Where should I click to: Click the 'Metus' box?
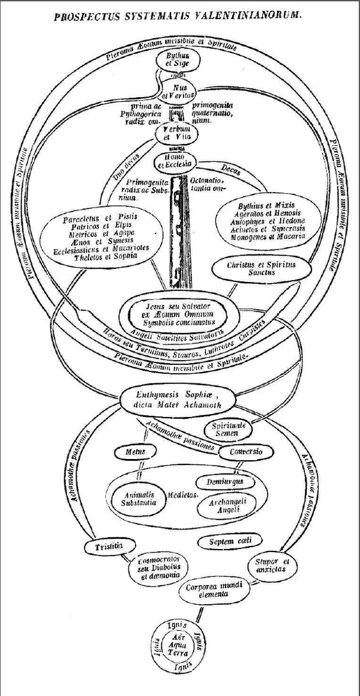pyautogui.click(x=133, y=451)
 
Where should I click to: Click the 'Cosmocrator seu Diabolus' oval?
pyautogui.click(x=157, y=566)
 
